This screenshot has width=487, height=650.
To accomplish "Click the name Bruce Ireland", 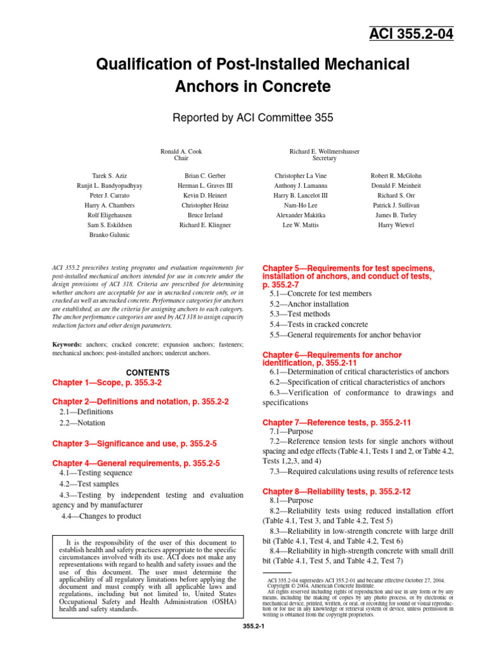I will pos(205,215).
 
